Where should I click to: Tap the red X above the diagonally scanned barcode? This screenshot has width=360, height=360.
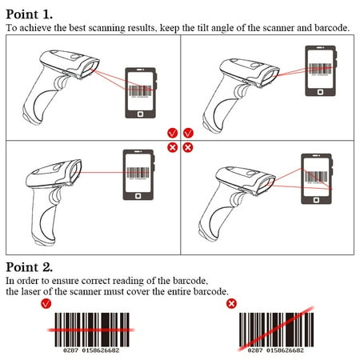(231, 305)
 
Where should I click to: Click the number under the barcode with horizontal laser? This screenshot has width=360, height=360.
(91, 350)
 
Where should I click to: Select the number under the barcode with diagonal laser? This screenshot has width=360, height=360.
(276, 350)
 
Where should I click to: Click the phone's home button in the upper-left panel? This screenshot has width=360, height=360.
(142, 114)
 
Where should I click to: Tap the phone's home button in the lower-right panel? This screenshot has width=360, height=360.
(315, 197)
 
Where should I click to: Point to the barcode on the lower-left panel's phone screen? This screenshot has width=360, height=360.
(138, 170)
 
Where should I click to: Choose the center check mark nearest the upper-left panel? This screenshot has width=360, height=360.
(172, 133)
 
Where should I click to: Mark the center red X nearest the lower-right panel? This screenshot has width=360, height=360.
(189, 147)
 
